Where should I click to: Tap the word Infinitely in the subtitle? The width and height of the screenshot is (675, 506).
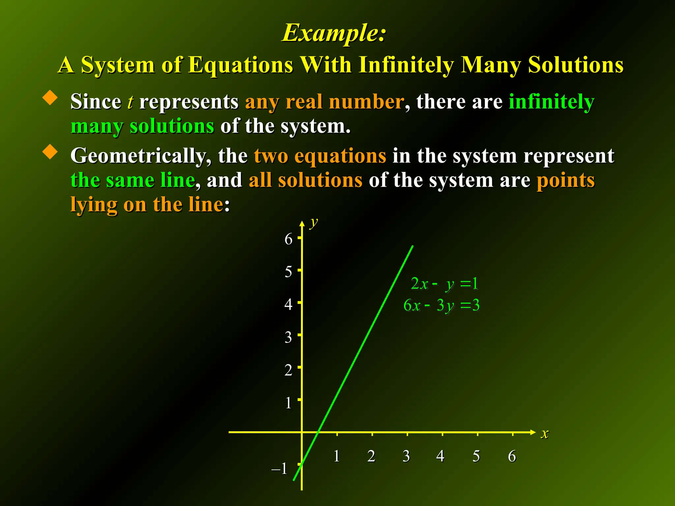406,65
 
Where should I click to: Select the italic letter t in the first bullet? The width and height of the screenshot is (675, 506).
130,101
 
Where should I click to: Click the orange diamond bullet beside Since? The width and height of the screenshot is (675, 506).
50,98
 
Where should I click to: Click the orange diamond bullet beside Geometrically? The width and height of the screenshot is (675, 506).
50,152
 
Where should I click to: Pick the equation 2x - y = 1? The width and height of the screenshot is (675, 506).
444,284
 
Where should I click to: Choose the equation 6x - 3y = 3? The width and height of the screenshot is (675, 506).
441,305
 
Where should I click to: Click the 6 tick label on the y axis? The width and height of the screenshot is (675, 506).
288,239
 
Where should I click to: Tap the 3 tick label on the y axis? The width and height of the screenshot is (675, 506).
288,337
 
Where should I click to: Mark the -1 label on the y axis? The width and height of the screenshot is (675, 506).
279,468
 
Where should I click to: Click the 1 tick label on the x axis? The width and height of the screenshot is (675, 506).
337,456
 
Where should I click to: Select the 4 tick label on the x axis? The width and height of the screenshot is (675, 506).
440,456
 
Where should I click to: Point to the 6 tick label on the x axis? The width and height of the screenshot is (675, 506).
512,456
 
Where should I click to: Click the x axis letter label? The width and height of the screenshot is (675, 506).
545,433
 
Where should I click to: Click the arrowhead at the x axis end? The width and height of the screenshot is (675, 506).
533,432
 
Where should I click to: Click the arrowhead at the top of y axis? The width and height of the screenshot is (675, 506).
302,224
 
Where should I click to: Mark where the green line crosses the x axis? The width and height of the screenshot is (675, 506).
318,432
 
